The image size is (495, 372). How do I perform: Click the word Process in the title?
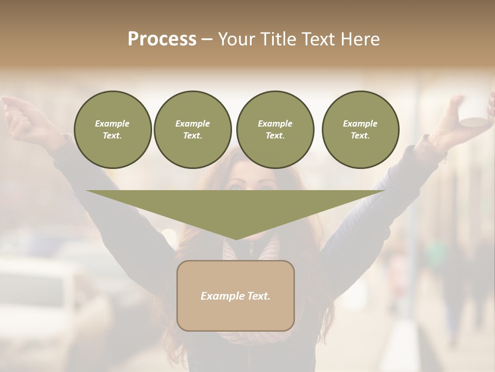(162, 39)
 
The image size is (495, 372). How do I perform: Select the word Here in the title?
(359, 39)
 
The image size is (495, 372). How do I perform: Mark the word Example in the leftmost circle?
(112, 123)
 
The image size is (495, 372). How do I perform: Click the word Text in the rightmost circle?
(360, 135)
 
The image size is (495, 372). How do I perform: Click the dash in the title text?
(207, 39)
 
